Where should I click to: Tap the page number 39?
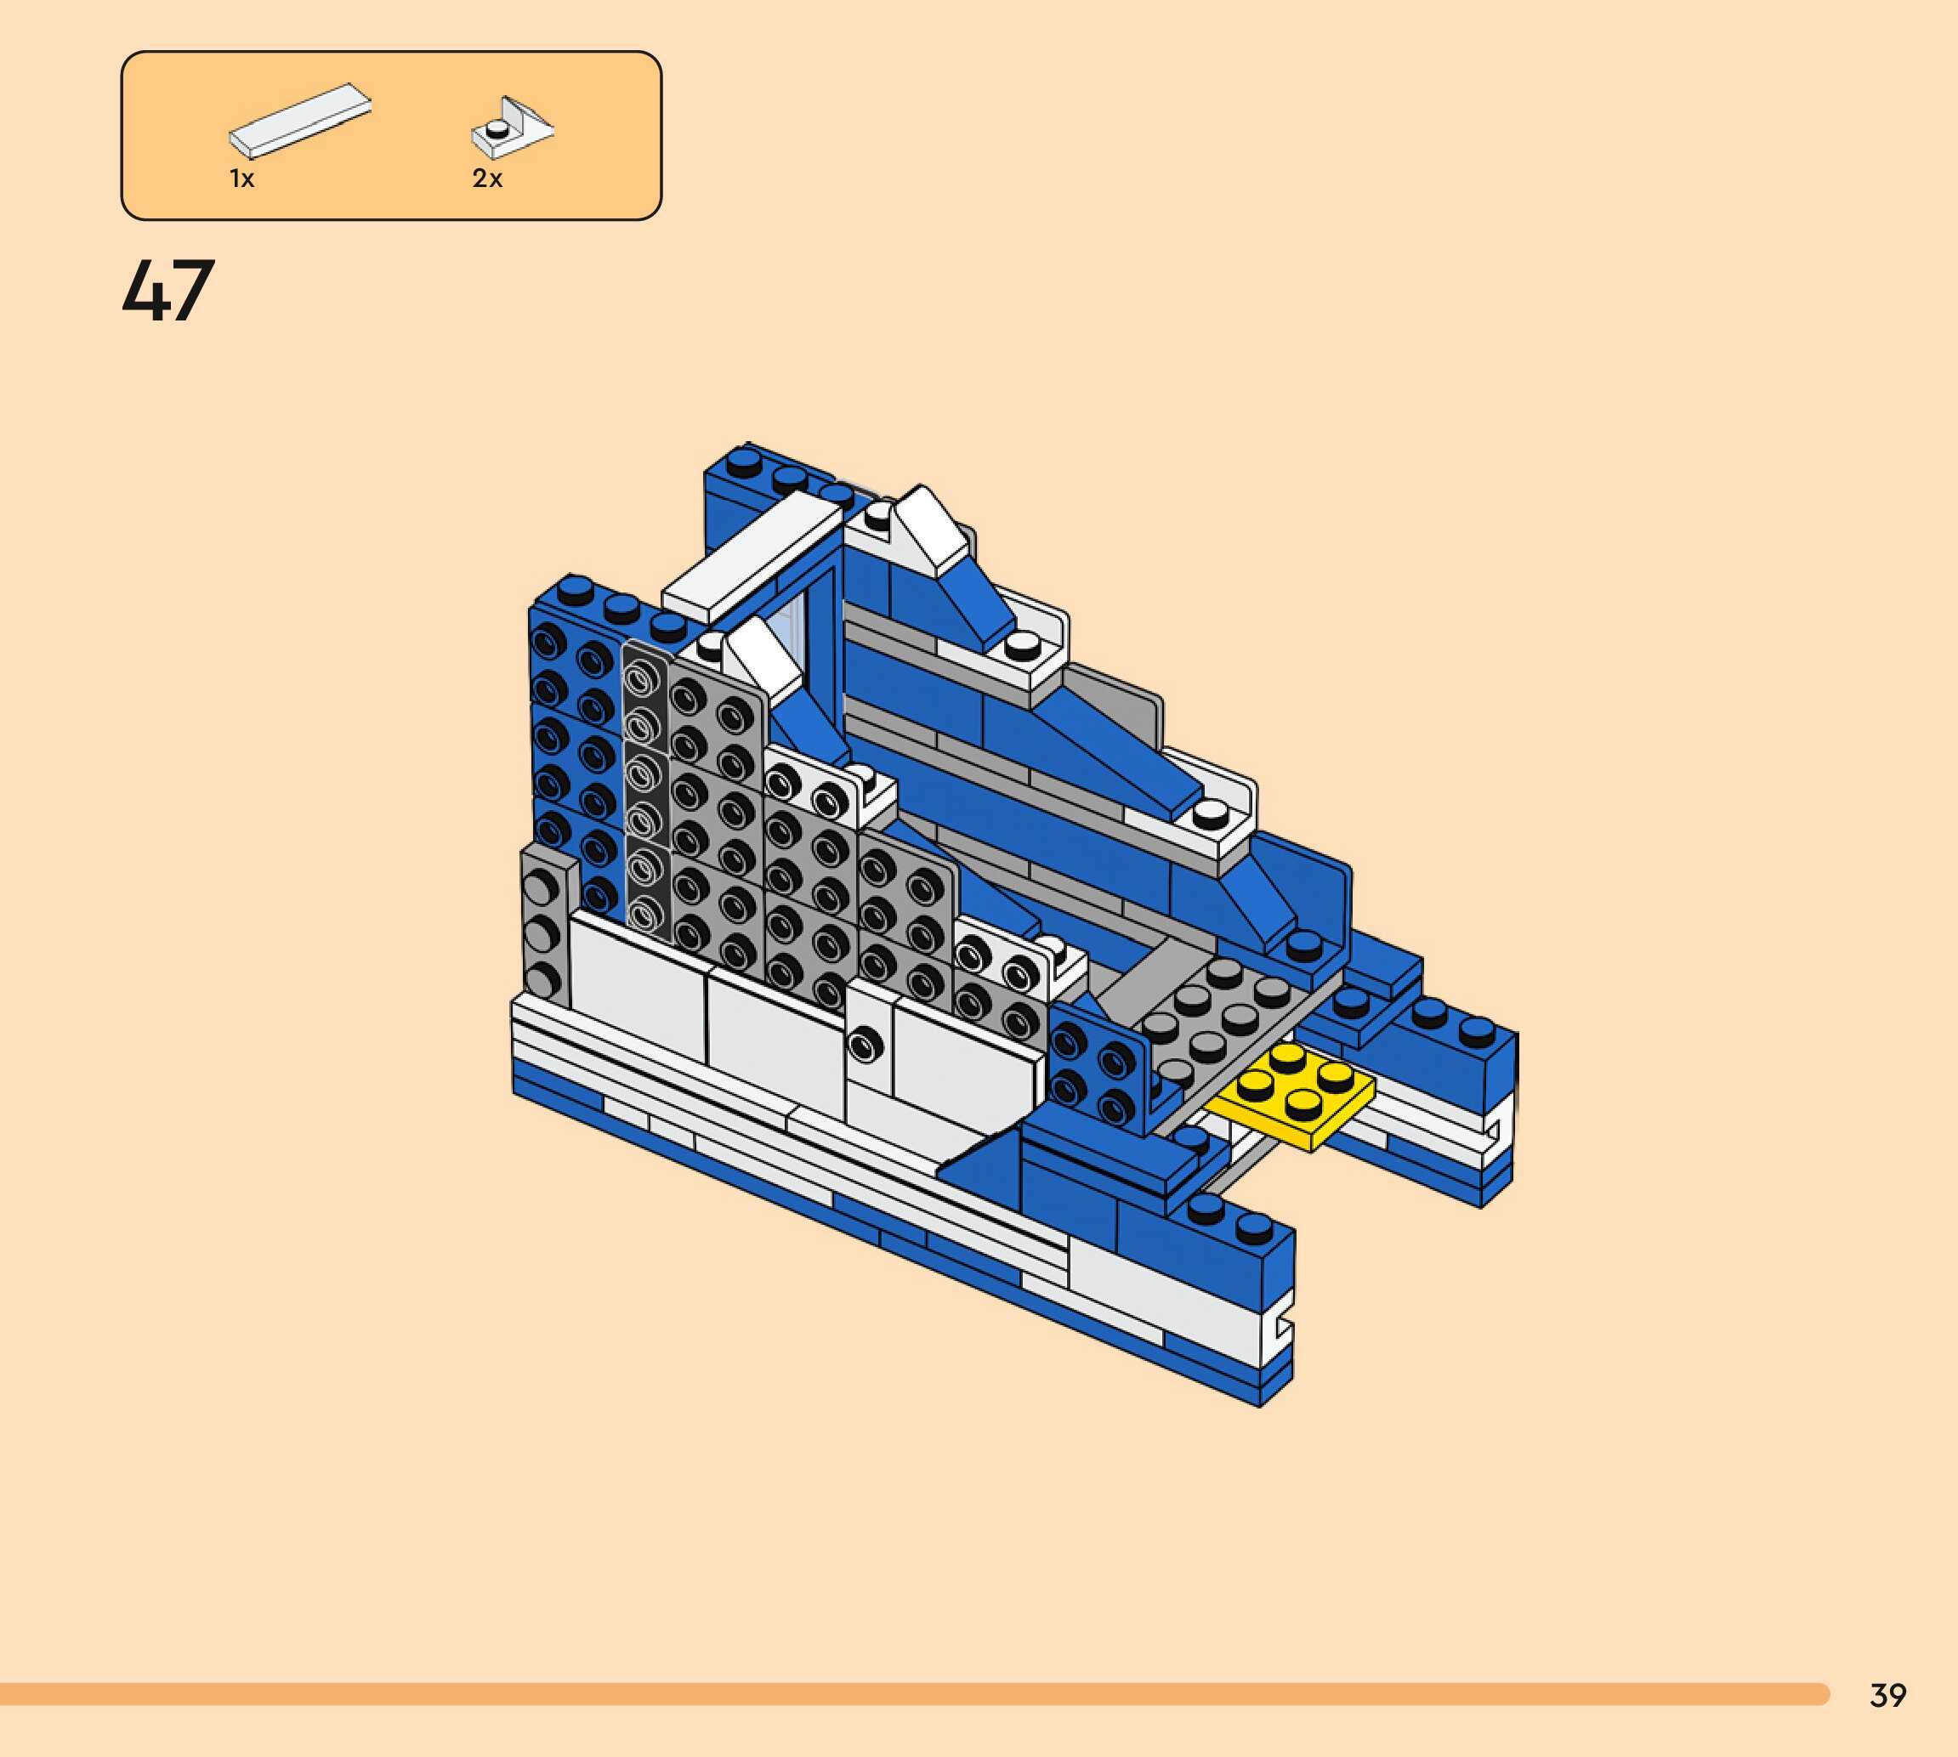point(1887,1694)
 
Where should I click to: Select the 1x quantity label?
point(241,179)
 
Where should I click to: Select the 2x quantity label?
point(486,179)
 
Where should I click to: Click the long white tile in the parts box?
point(299,121)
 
